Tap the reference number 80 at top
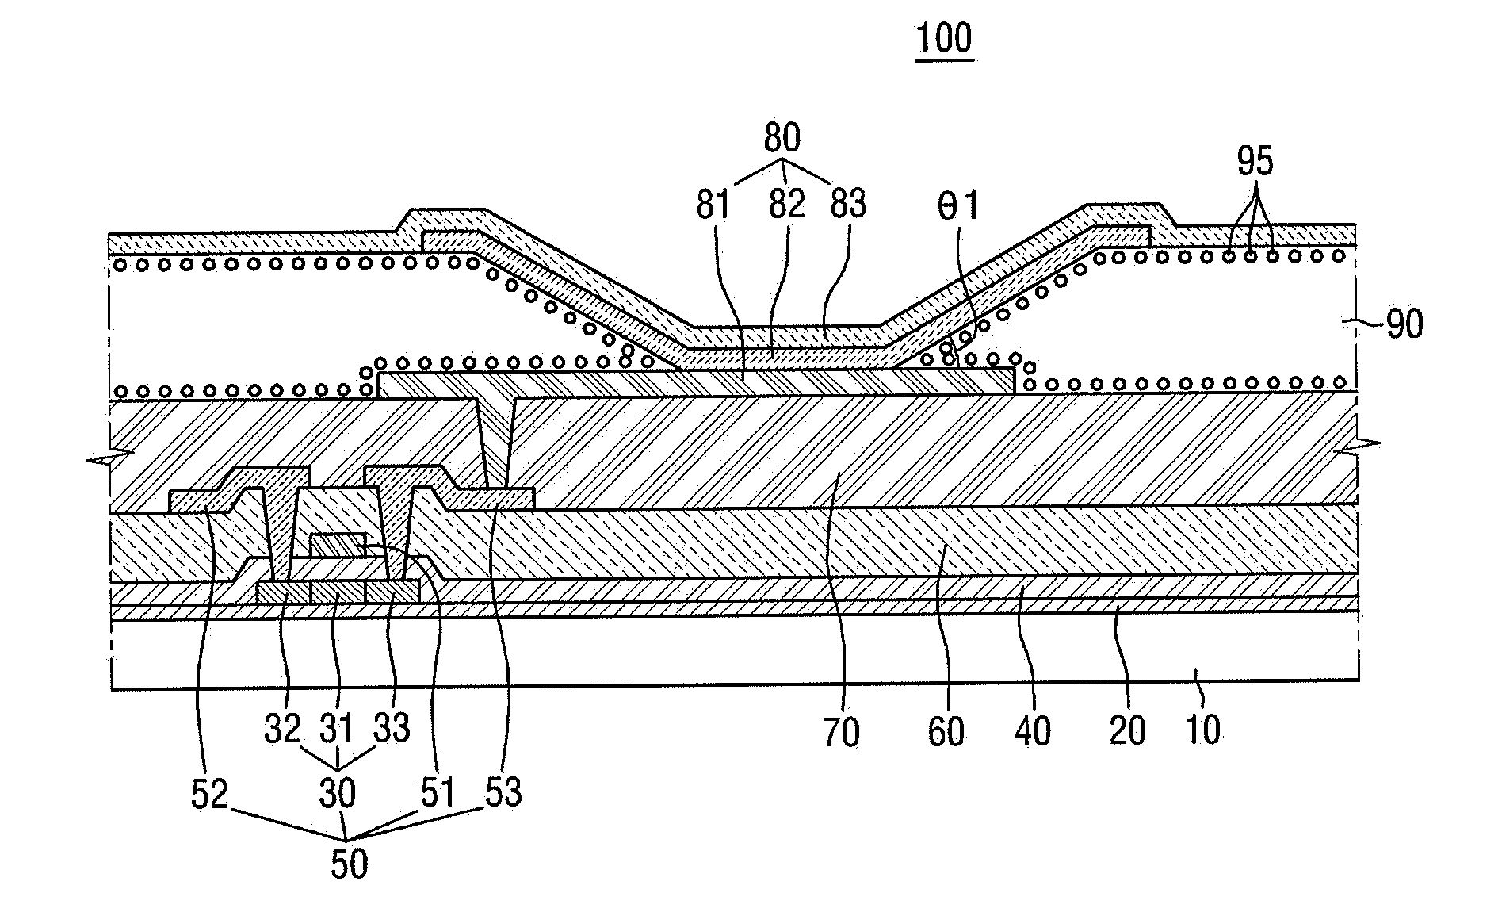(x=782, y=139)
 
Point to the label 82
(x=786, y=205)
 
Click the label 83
(x=848, y=205)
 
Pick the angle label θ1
(x=956, y=206)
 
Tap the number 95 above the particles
(x=1255, y=162)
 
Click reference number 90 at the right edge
(x=1404, y=325)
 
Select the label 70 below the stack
(x=841, y=732)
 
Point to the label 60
(x=946, y=732)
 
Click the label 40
(x=1031, y=732)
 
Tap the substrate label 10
(x=1202, y=730)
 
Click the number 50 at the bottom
(x=349, y=864)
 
